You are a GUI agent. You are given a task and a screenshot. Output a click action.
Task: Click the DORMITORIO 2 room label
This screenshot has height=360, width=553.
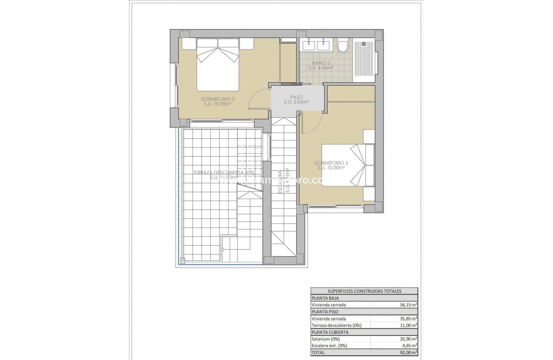(217, 99)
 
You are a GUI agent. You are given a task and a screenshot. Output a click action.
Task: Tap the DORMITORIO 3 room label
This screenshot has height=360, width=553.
(331, 163)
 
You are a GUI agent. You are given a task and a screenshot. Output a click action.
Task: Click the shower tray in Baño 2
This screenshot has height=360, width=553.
(364, 59)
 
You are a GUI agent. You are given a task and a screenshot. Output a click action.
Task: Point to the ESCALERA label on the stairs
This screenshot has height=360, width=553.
(280, 181)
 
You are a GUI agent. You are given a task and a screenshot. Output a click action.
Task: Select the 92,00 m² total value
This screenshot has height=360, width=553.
(408, 352)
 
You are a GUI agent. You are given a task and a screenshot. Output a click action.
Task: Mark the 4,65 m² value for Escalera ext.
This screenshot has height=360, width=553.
(409, 346)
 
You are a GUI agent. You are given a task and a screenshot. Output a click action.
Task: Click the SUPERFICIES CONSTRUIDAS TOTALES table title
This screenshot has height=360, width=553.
(364, 291)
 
